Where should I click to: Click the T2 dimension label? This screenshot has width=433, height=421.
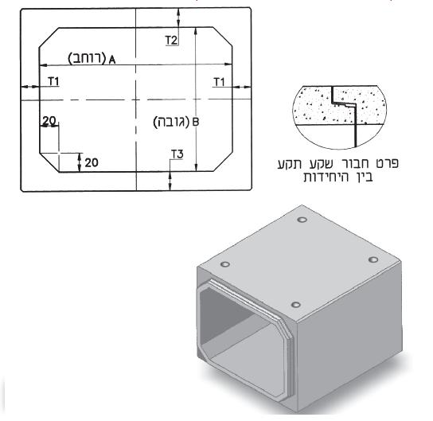(171, 41)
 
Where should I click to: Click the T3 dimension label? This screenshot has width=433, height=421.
(177, 154)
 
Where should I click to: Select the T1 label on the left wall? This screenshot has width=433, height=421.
(53, 82)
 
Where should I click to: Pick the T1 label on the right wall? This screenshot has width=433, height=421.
(219, 82)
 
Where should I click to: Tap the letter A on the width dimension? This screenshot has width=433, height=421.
(111, 60)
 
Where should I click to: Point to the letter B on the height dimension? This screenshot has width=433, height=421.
(195, 123)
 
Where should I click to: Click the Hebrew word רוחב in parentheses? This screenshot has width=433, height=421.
(87, 59)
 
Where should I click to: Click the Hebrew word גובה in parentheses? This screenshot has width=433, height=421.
(172, 123)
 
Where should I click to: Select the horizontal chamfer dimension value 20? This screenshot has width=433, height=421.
(49, 121)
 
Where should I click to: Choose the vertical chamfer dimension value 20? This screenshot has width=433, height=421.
(92, 163)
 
